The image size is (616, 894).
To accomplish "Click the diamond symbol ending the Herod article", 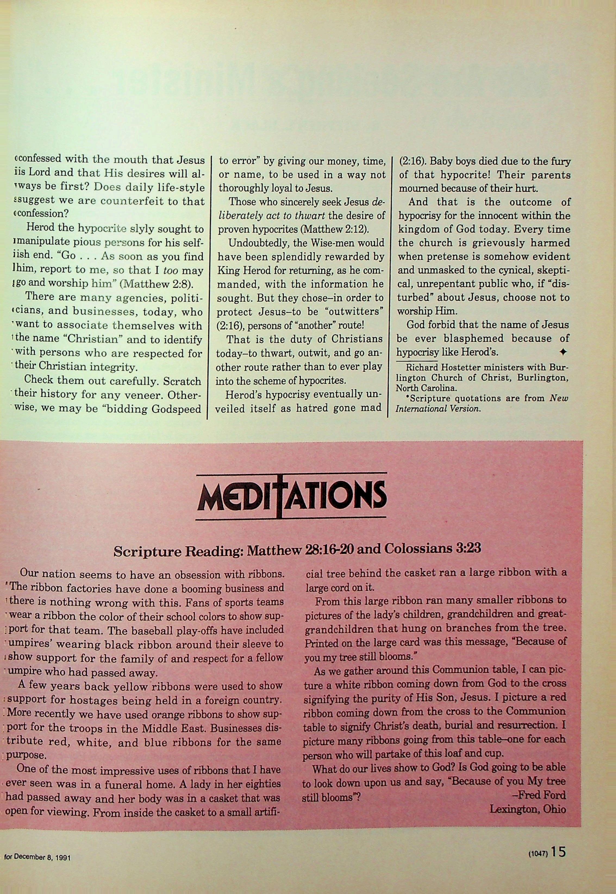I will pos(563,352).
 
